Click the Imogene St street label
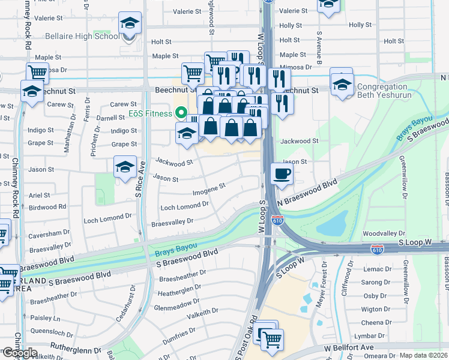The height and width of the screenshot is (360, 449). tap(208, 190)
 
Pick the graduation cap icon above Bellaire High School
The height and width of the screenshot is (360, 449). tap(130, 23)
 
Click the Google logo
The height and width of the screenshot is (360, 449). tap(19, 353)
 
